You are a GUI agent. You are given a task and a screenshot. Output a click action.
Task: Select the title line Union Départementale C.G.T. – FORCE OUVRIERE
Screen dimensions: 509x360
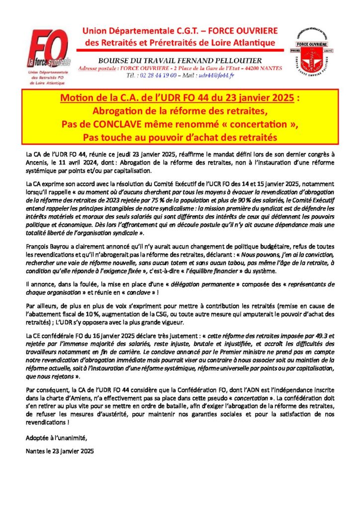[180, 31]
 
